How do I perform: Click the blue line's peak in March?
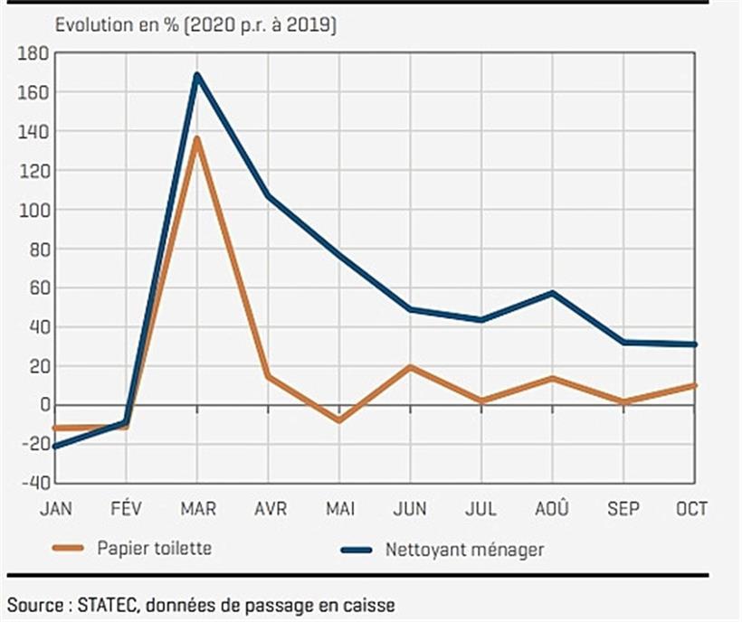[197, 75]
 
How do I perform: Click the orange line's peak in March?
[197, 138]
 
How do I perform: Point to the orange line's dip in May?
[339, 420]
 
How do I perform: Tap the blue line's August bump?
[553, 293]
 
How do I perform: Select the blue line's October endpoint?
[695, 344]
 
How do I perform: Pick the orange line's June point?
[411, 367]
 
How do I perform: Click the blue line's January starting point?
[56, 446]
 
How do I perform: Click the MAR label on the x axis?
[197, 509]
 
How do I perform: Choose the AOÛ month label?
[553, 509]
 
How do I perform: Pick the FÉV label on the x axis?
[127, 509]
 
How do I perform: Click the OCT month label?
[692, 509]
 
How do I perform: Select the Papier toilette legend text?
[155, 549]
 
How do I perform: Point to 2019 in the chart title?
[311, 25]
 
